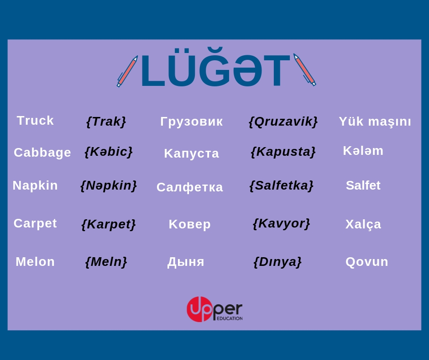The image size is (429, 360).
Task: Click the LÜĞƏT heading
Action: tap(215, 67)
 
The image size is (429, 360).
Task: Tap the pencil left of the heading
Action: tap(127, 71)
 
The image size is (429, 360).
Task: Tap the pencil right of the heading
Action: tap(304, 70)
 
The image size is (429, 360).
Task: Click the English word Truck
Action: tap(35, 121)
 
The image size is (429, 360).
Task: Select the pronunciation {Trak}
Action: tap(106, 122)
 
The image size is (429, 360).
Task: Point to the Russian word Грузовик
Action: tap(192, 122)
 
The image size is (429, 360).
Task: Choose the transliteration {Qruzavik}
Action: tap(283, 122)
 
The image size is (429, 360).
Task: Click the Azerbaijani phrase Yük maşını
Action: tap(375, 122)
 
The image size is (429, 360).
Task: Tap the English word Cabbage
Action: tap(42, 153)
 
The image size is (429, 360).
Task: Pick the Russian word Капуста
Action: tap(192, 154)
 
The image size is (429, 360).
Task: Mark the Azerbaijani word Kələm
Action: tap(363, 151)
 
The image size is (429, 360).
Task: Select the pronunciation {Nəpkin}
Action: tap(109, 185)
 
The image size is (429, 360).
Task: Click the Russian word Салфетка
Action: tap(189, 187)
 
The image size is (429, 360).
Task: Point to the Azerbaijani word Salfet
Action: tap(363, 185)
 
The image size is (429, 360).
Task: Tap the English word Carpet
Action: tap(35, 223)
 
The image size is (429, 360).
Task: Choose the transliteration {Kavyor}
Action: tap(282, 223)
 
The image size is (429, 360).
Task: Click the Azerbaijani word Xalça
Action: tap(363, 224)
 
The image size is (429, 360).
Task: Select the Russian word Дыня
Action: tap(186, 262)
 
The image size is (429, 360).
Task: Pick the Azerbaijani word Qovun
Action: tap(366, 262)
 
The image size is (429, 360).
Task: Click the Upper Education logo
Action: tap(215, 309)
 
